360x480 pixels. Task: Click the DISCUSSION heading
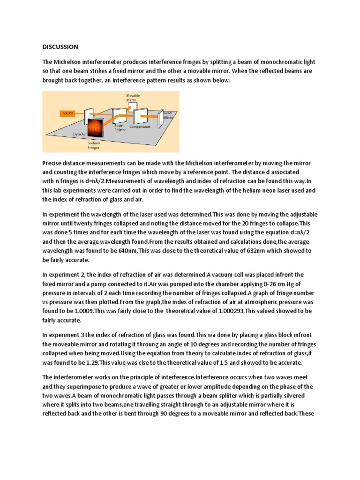pyautogui.click(x=60, y=47)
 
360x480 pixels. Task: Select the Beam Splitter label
pyautogui.click(x=119, y=128)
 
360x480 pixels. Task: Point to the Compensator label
pyautogui.click(x=140, y=127)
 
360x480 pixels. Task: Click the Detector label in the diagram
pyautogui.click(x=80, y=134)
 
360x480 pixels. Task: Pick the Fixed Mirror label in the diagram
pyautogui.click(x=168, y=115)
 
